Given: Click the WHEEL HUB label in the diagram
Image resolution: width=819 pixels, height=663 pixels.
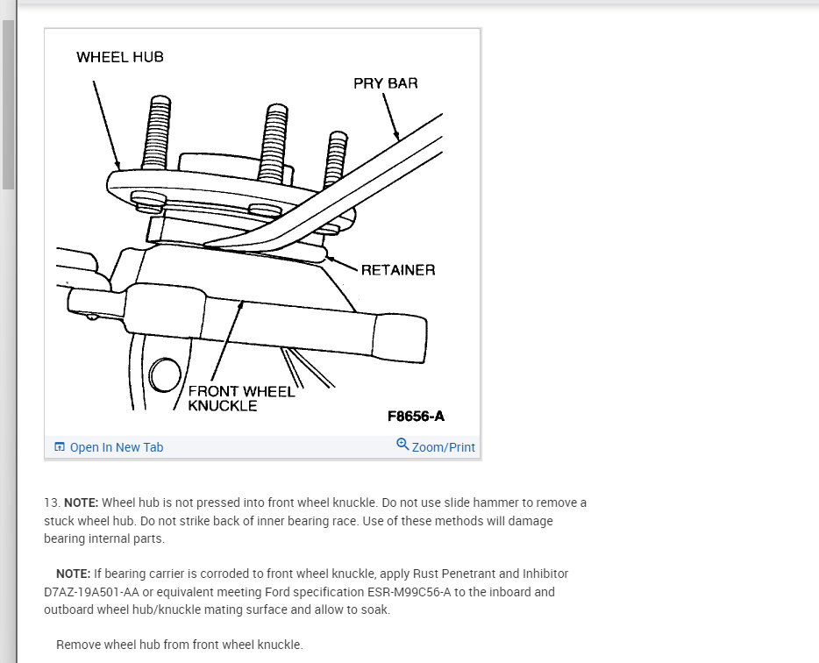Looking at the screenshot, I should pyautogui.click(x=120, y=57).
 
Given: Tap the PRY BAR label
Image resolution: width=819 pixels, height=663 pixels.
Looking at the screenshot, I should pyautogui.click(x=385, y=83).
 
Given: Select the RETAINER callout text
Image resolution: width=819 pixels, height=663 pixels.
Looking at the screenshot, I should pyautogui.click(x=397, y=270).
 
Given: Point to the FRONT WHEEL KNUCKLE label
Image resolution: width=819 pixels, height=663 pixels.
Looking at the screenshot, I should pyautogui.click(x=240, y=398).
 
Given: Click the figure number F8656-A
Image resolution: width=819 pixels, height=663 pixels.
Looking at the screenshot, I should pyautogui.click(x=422, y=417).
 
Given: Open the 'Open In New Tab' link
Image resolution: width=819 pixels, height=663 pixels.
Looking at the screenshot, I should pyautogui.click(x=116, y=447).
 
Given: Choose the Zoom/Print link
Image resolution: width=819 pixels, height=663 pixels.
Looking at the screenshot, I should pyautogui.click(x=443, y=447).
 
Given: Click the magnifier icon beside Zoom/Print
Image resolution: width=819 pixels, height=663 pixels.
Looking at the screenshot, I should pyautogui.click(x=402, y=445).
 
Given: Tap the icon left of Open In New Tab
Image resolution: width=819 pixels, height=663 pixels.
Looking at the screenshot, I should pyautogui.click(x=60, y=447).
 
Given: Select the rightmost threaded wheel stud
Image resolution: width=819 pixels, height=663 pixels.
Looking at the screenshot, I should pyautogui.click(x=338, y=162).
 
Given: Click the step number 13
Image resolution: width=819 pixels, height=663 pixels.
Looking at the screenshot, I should pyautogui.click(x=51, y=503).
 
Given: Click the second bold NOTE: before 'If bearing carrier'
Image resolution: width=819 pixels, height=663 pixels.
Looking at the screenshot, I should pyautogui.click(x=74, y=574).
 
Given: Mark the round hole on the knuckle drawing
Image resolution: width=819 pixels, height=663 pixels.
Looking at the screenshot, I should pyautogui.click(x=164, y=375).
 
